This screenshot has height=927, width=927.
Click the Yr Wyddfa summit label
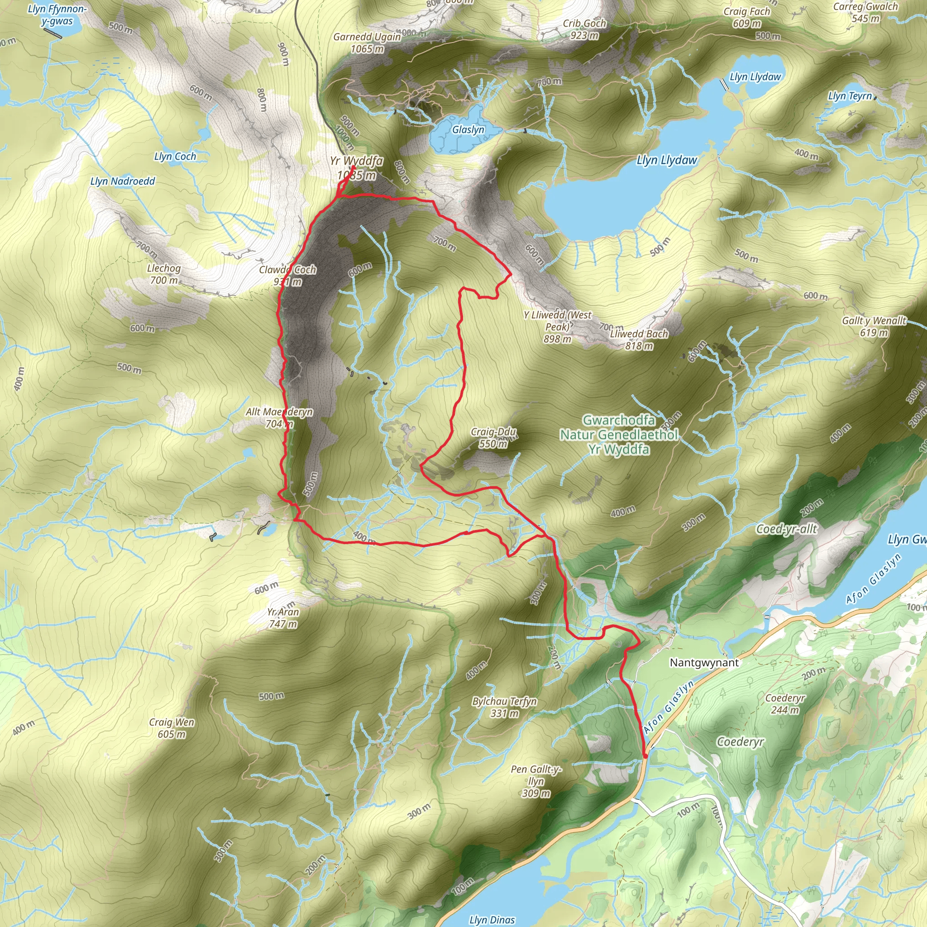[356, 167]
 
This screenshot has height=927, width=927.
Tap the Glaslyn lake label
[468, 129]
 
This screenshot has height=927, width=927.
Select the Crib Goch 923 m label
[584, 29]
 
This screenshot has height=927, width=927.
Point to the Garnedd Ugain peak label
[367, 43]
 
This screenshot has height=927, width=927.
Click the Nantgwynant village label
[704, 663]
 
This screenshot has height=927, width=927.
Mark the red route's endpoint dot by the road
[645, 756]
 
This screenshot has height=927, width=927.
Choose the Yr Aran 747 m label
[283, 617]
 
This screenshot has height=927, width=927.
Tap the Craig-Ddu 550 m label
[493, 438]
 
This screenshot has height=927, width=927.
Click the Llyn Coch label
[175, 157]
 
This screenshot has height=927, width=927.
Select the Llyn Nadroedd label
[123, 182]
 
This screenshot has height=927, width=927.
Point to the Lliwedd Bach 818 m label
[639, 339]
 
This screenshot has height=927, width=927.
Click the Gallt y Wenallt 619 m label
[874, 326]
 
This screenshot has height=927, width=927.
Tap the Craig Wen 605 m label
[171, 728]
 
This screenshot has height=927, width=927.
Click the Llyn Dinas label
[492, 919]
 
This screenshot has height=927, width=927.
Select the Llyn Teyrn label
[850, 96]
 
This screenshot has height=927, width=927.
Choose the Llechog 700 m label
[164, 274]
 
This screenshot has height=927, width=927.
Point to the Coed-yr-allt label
[786, 529]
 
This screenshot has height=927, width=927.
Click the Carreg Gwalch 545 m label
[865, 13]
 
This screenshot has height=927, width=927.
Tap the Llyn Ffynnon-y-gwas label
[57, 15]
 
